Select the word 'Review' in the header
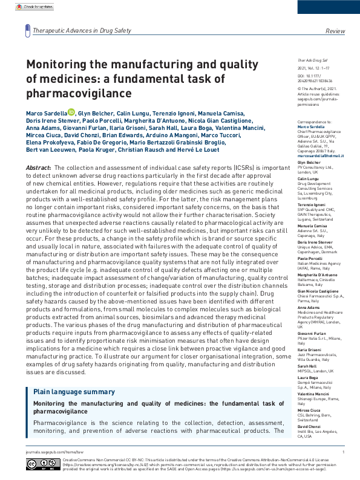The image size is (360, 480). click(x=335, y=30)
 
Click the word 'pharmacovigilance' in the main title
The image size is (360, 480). click(x=78, y=94)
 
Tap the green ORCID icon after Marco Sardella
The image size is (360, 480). click(x=71, y=112)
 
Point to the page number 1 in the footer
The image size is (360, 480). click(x=343, y=452)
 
